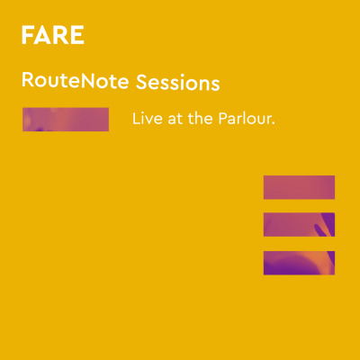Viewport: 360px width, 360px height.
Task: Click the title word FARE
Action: coord(52,36)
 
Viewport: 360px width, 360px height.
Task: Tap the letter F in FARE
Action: coord(28,36)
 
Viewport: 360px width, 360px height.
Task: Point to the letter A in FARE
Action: coord(43,36)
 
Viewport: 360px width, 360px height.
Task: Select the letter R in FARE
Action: coord(60,36)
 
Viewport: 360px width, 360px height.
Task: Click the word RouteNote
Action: coord(76,83)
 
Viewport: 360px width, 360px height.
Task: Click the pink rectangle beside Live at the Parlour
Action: coord(65,120)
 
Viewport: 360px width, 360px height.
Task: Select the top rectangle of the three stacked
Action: coord(299,186)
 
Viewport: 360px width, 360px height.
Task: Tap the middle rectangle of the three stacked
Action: coord(299,224)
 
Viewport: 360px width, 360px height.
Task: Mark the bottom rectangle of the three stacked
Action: coord(299,262)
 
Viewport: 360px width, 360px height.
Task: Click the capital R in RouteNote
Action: coord(27,83)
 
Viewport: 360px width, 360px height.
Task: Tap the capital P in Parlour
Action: coord(220,119)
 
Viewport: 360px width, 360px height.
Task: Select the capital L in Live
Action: coord(136,119)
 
